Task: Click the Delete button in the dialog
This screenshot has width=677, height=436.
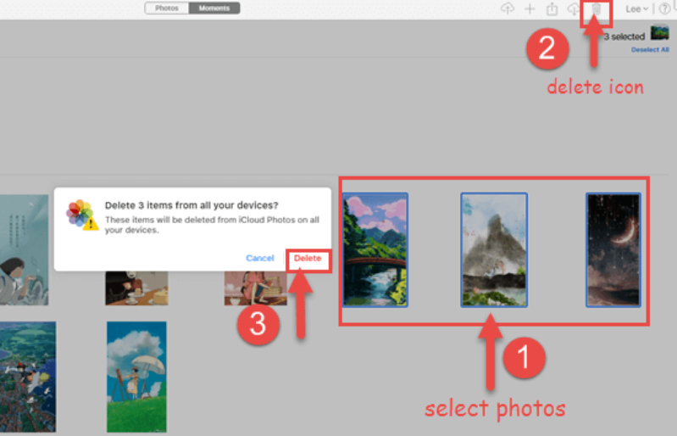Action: [x=308, y=258]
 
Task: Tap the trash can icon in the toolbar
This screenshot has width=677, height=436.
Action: [x=597, y=9]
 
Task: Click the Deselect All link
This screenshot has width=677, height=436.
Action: [x=649, y=50]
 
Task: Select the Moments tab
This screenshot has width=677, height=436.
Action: [x=214, y=8]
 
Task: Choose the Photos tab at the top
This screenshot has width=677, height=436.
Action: [x=166, y=8]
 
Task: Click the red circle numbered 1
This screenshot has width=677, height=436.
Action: [x=524, y=358]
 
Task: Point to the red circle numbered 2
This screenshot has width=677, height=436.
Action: [x=547, y=48]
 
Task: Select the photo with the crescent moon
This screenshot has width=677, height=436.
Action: [x=613, y=249]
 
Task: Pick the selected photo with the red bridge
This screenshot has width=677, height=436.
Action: [x=375, y=249]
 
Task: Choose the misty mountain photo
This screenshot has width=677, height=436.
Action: [x=494, y=249]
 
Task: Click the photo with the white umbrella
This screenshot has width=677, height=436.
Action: [x=136, y=375]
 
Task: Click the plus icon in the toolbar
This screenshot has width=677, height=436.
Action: [x=530, y=8]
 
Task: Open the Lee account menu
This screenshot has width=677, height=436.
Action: [x=636, y=8]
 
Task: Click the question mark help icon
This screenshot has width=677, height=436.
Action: [x=664, y=8]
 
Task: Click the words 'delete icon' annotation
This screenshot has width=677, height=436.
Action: [x=595, y=86]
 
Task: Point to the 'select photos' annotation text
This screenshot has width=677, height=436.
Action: [x=494, y=408]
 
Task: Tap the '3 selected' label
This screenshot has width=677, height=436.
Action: [x=624, y=36]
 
